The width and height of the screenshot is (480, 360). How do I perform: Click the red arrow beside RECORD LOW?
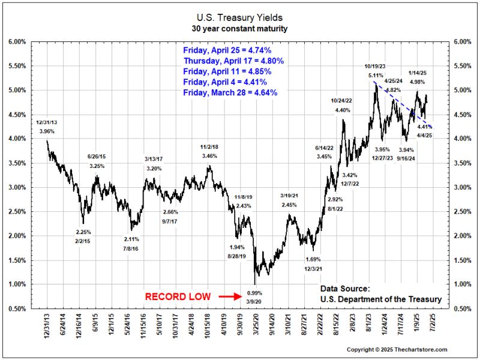pos(230,296)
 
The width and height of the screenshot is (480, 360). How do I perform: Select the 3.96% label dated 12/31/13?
pos(47,131)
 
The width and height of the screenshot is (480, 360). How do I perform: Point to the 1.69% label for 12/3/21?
pos(313,260)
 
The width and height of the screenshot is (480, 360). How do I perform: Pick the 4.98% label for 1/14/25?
pos(418,82)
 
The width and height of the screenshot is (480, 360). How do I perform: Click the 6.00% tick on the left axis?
pos(16,42)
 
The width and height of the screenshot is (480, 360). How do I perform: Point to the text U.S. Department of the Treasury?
pos(380,299)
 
